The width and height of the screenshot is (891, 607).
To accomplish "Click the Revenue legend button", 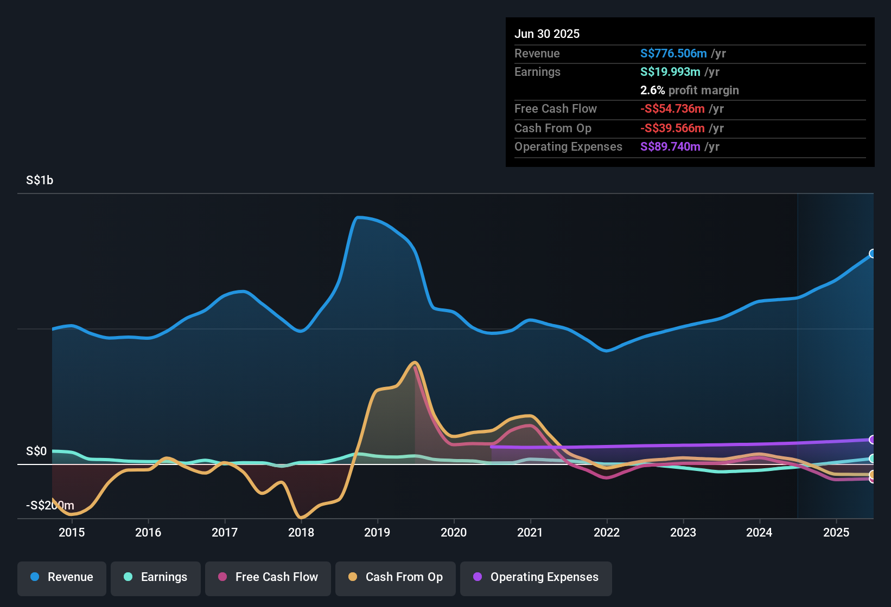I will (62, 577).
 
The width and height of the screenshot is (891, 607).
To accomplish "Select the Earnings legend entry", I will (156, 577).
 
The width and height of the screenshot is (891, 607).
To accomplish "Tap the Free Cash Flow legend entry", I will (268, 577).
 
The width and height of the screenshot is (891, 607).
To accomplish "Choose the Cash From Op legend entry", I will (396, 577).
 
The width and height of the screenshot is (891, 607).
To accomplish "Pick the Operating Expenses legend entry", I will (536, 577).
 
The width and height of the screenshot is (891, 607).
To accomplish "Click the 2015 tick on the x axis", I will (72, 532).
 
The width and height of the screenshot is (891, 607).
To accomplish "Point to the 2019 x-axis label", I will (377, 532).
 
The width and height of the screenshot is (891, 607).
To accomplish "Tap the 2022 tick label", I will (607, 532).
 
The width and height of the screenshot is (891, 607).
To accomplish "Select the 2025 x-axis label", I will (836, 532).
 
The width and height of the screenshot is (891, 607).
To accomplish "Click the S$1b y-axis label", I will (40, 180).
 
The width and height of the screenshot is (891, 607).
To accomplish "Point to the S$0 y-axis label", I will (36, 451).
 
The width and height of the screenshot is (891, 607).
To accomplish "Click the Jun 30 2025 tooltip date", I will (547, 34).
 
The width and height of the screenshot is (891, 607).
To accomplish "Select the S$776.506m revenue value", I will (673, 54).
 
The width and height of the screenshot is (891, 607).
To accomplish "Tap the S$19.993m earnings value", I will (670, 72).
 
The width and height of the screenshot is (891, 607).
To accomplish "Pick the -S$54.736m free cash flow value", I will (672, 109).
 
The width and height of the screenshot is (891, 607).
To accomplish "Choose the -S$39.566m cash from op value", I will (672, 128).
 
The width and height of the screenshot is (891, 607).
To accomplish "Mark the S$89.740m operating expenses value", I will (670, 147).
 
